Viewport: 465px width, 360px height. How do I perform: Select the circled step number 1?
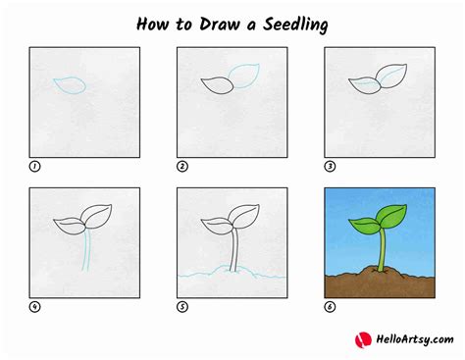tap(34, 166)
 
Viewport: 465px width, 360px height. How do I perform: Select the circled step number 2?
tap(181, 166)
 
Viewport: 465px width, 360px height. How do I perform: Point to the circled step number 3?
tap(330, 166)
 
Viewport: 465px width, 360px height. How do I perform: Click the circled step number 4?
tap(34, 306)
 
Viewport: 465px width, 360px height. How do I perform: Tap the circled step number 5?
tap(181, 306)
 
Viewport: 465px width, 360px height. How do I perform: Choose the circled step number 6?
tap(330, 306)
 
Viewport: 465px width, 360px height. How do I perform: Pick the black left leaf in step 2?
tap(217, 85)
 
